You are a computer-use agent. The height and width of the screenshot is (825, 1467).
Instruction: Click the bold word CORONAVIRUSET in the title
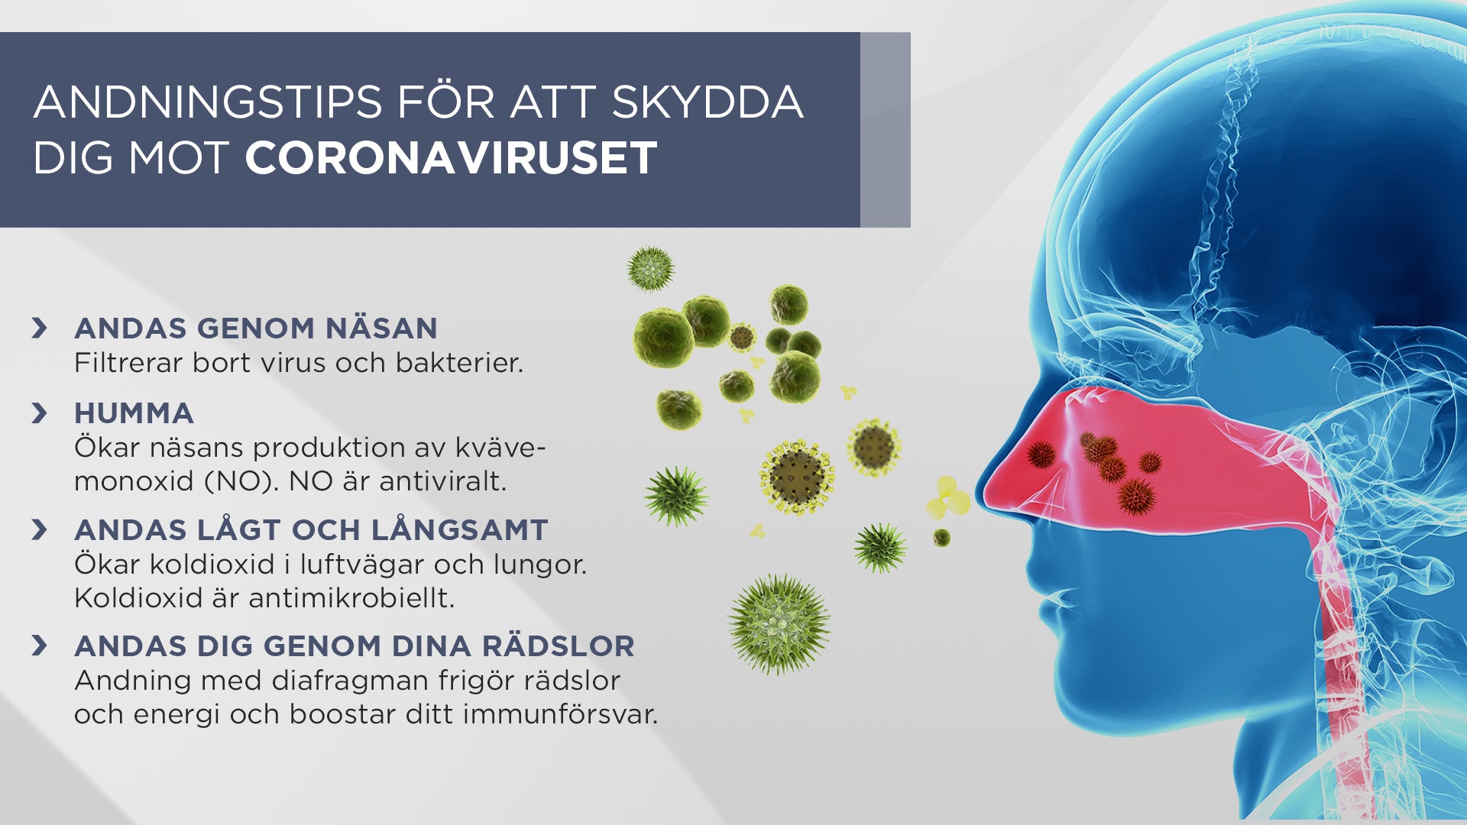tap(451, 158)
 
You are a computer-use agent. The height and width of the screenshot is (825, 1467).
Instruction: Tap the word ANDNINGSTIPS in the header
tap(208, 102)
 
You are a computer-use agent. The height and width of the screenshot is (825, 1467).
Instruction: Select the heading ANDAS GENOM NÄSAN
tap(255, 328)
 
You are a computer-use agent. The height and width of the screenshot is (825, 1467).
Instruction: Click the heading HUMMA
tap(134, 413)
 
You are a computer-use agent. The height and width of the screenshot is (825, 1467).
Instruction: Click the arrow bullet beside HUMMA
tap(40, 413)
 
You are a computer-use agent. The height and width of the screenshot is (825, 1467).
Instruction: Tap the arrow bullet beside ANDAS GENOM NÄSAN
tap(40, 328)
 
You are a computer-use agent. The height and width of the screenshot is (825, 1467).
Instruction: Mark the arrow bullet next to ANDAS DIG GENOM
tap(40, 646)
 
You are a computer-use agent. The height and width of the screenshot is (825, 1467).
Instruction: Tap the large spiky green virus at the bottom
tap(779, 625)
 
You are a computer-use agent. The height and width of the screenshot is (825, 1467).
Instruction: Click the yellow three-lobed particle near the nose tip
tap(947, 500)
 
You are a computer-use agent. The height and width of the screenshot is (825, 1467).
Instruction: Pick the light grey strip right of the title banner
tap(885, 130)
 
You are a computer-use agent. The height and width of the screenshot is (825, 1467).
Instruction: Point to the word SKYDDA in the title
tap(708, 102)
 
